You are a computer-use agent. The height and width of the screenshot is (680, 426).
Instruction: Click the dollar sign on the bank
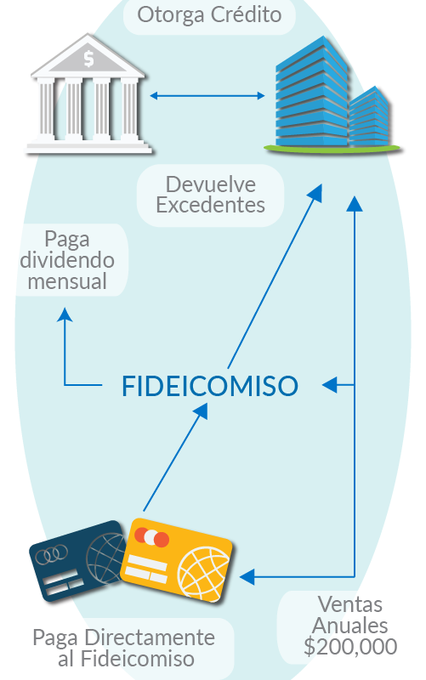88,59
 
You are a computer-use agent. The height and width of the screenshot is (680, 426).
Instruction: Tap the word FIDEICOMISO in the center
210,386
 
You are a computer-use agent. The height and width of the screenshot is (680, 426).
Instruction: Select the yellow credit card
176,560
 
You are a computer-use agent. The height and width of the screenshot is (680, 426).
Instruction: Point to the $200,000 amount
350,647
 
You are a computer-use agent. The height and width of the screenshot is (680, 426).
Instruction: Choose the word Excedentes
210,205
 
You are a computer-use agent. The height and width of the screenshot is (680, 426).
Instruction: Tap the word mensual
67,281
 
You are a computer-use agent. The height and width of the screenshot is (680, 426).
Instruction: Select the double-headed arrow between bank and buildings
207,95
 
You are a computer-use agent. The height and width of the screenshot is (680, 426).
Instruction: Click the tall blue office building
312,93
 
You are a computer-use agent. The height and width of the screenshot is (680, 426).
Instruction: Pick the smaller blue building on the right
369,117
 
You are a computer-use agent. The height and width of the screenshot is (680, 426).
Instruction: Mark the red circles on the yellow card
151,537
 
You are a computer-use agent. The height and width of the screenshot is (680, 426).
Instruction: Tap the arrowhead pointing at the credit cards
247,577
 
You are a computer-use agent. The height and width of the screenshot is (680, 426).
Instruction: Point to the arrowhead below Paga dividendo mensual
65,314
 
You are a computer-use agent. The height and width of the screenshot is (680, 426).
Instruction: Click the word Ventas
350,604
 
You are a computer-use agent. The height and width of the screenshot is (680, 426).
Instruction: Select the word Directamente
150,638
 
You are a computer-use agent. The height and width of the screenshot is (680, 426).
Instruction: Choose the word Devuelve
211,184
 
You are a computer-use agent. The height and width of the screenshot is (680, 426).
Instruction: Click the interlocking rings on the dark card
52,554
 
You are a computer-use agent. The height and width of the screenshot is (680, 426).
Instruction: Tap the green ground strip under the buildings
332,149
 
